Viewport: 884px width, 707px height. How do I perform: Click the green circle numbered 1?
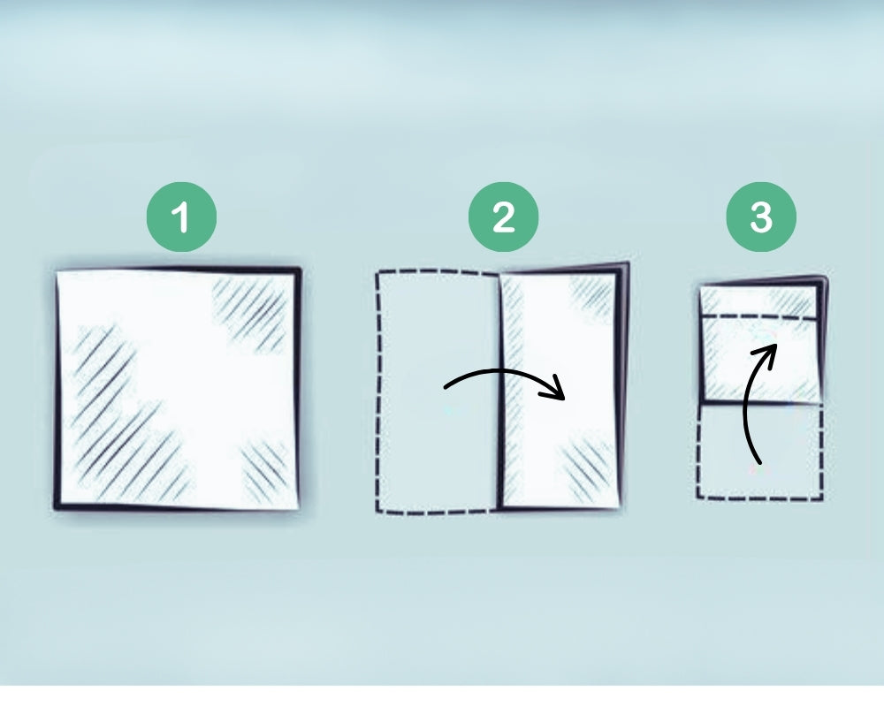coord(180,217)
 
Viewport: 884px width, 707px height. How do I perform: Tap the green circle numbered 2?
coord(503,217)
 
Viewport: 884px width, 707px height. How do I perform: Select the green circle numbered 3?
coord(760,217)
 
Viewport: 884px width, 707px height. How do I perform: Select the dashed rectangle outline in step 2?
coord(378,389)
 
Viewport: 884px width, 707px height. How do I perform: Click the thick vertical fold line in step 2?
coord(500,389)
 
